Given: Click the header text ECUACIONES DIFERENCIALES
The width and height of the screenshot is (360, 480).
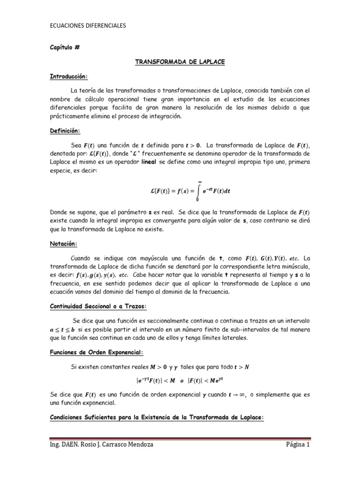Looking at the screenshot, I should [88, 27].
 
